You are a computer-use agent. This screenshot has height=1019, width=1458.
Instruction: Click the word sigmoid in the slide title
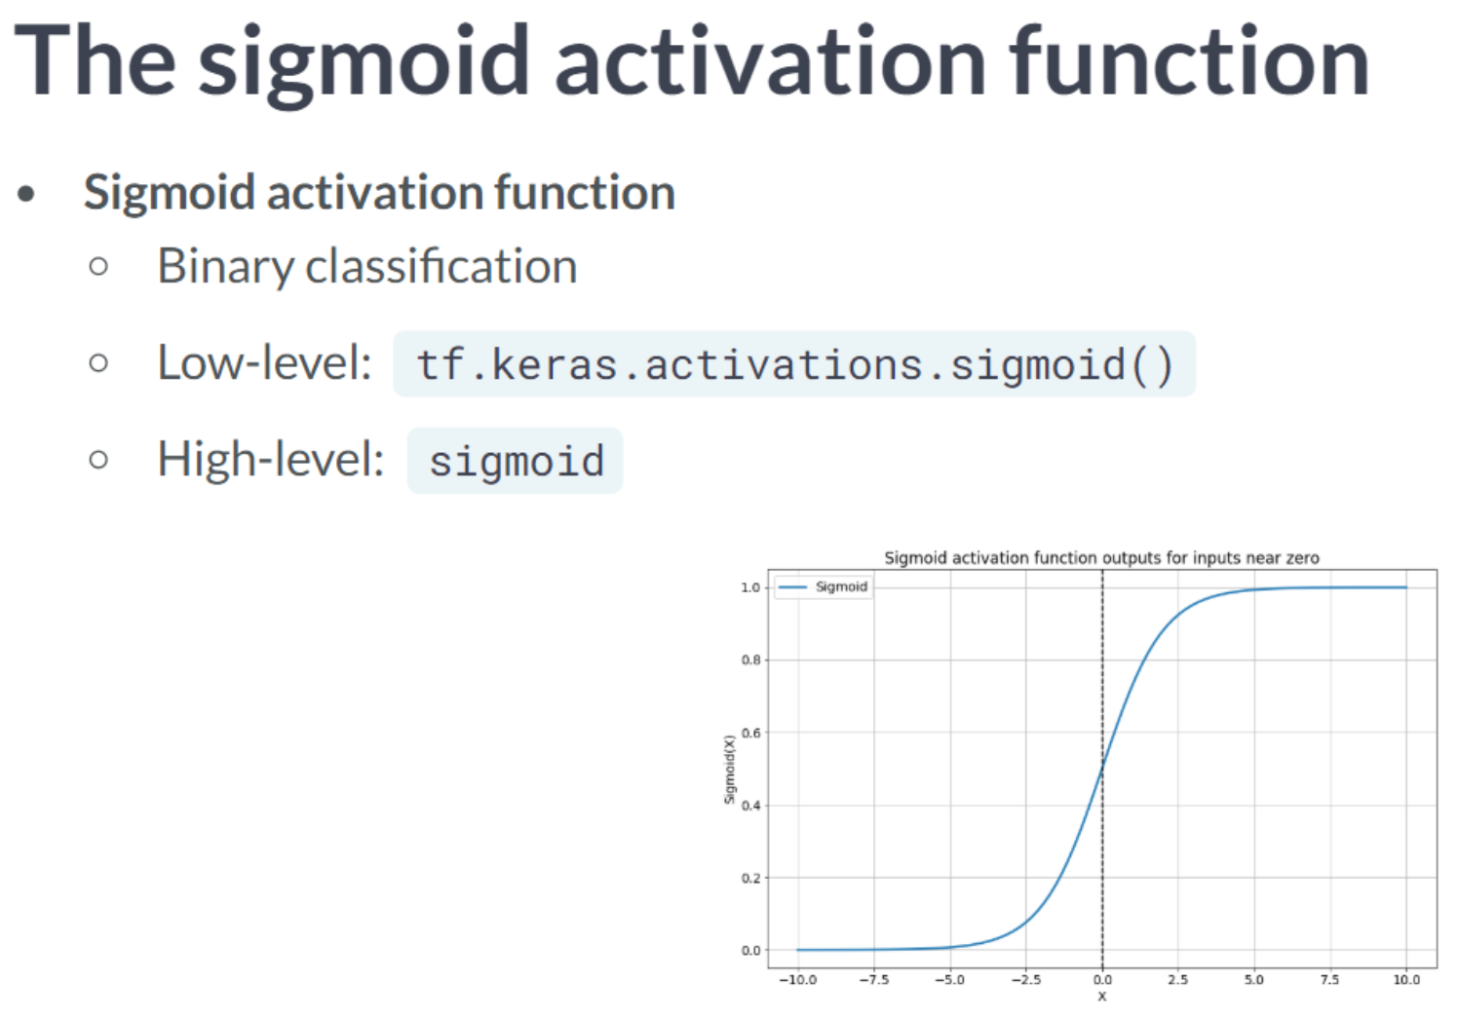pyautogui.click(x=364, y=65)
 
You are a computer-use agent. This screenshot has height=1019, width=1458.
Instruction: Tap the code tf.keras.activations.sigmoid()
pyautogui.click(x=794, y=364)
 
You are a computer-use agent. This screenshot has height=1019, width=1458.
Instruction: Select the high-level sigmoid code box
pyautogui.click(x=515, y=461)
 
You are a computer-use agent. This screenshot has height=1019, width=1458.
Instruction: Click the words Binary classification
pyautogui.click(x=367, y=267)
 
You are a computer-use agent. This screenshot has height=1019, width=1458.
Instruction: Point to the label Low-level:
pyautogui.click(x=265, y=362)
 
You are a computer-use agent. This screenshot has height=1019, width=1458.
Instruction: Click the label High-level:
pyautogui.click(x=271, y=460)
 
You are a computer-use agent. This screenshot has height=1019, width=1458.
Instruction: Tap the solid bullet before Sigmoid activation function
pyautogui.click(x=26, y=193)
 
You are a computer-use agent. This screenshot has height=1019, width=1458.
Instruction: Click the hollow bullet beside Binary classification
pyautogui.click(x=98, y=266)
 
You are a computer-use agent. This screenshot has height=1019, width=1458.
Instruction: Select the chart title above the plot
pyautogui.click(x=1101, y=557)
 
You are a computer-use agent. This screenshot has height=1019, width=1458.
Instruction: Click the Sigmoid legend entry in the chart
pyautogui.click(x=824, y=586)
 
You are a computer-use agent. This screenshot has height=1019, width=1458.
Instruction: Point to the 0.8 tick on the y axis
pyautogui.click(x=750, y=660)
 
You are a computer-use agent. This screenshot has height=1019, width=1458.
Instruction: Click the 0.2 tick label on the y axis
pyautogui.click(x=750, y=878)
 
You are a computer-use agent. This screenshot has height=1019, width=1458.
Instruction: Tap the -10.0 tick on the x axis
pyautogui.click(x=798, y=979)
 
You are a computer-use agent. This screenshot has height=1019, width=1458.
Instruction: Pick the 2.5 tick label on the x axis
pyautogui.click(x=1178, y=979)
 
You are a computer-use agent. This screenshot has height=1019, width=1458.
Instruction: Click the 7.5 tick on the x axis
pyautogui.click(x=1330, y=979)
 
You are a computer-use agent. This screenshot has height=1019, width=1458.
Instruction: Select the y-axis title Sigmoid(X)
pyautogui.click(x=730, y=770)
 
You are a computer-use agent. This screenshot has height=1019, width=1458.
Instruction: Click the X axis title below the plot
pyautogui.click(x=1102, y=997)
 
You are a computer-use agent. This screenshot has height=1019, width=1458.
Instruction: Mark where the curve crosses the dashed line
pyautogui.click(x=1102, y=769)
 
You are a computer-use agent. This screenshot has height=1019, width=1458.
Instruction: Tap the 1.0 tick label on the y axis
pyautogui.click(x=750, y=587)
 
